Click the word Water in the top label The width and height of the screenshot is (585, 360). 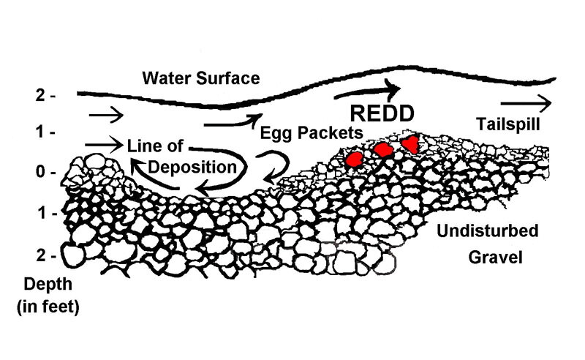tap(165, 78)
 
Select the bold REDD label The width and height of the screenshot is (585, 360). tap(382, 113)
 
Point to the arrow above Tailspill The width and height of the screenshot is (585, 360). tap(526, 102)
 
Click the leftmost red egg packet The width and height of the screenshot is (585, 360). tap(355, 157)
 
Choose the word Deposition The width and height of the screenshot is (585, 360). tap(192, 166)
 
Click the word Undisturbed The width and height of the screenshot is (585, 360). tap(487, 232)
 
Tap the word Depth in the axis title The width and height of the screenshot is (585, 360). tap(44, 284)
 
